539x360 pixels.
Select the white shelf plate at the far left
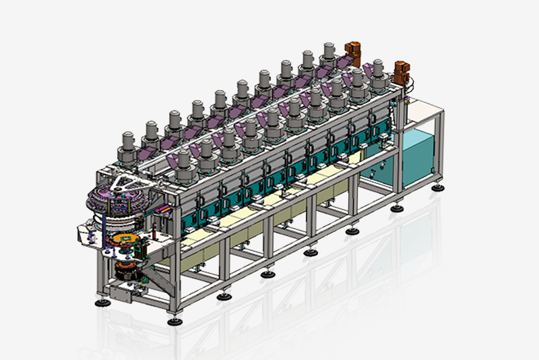click(88, 230)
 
